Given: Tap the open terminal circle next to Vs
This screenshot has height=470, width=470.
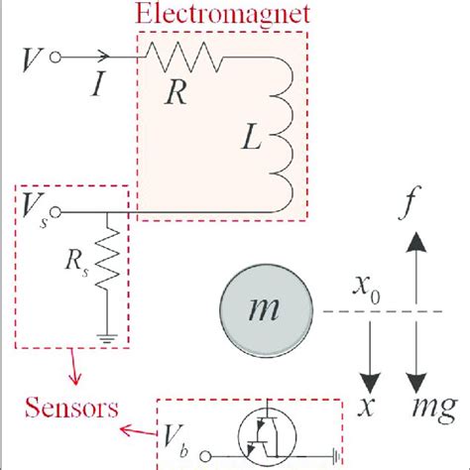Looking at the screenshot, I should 61,211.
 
